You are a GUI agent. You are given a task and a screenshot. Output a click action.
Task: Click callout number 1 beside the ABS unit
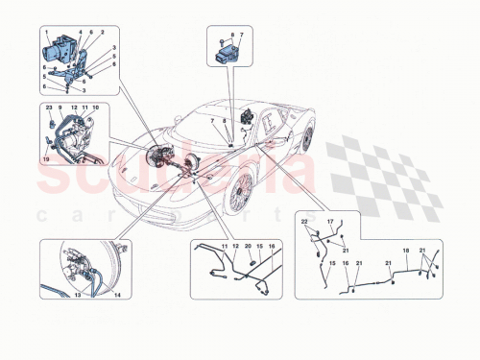click(46, 32)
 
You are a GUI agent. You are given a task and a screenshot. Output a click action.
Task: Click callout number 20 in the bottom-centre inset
click(247, 248)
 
